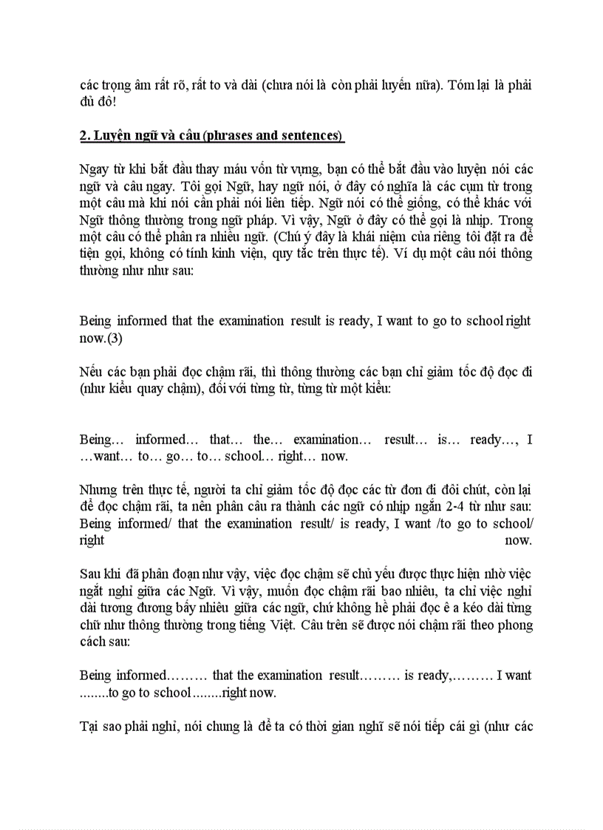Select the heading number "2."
[x=84, y=136]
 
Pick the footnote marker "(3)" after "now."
[x=115, y=338]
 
